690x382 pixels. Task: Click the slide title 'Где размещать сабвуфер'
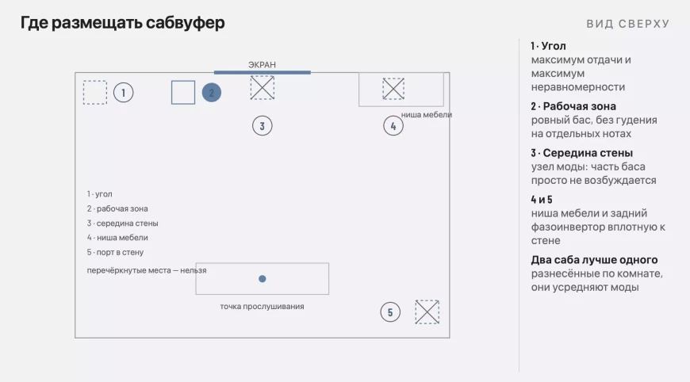point(122,23)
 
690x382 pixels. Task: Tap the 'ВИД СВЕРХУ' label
point(628,24)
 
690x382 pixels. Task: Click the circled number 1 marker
point(123,93)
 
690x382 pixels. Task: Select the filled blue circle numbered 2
point(211,93)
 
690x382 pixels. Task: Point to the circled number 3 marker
point(263,126)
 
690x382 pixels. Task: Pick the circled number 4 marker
point(393,126)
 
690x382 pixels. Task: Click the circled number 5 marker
point(390,312)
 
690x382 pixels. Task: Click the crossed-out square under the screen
point(263,87)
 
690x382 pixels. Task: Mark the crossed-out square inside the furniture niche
point(393,89)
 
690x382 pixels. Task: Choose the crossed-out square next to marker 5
point(427,312)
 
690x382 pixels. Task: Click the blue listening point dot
point(263,279)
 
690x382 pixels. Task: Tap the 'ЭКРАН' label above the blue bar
point(262,65)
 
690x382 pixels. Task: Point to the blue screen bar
point(263,72)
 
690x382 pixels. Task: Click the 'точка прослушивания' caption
point(262,307)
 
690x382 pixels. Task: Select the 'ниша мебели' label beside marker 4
point(427,115)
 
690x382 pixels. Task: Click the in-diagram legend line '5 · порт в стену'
point(115,252)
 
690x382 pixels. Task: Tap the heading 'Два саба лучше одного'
point(594,260)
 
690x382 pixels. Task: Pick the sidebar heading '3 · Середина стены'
point(582,153)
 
